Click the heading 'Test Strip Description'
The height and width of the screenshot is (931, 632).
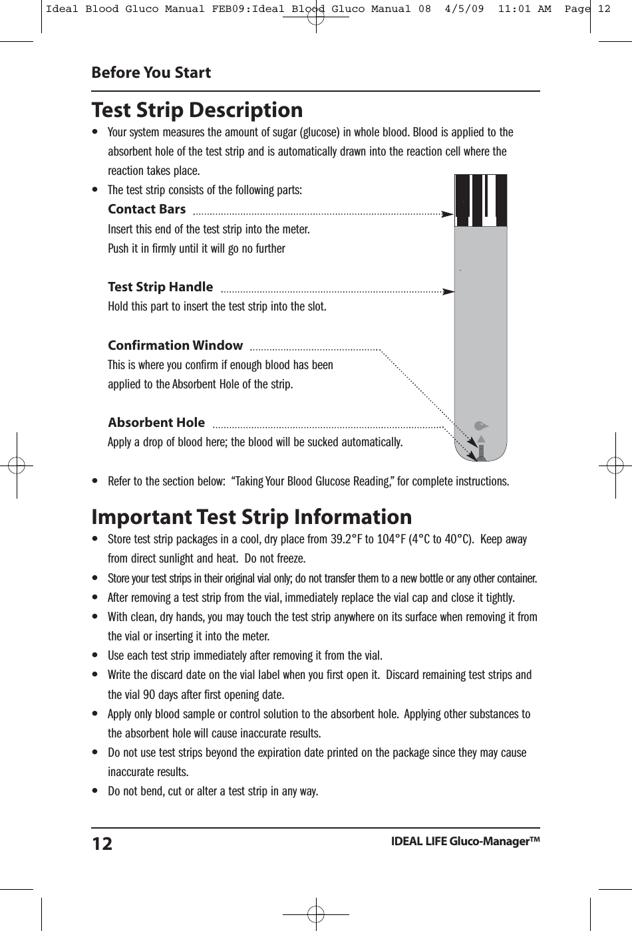pos(197,110)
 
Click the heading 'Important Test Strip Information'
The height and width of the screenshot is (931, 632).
pos(251,517)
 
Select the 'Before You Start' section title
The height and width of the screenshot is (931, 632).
pos(151,72)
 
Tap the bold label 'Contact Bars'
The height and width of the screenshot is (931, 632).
pos(147,209)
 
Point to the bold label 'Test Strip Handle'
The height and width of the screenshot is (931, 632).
pos(160,287)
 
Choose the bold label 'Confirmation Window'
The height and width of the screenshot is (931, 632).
pos(175,345)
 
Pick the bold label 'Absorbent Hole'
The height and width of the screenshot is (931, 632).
pos(156,423)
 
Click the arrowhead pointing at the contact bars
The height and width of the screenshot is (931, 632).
pos(448,214)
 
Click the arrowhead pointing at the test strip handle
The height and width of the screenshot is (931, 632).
pos(448,291)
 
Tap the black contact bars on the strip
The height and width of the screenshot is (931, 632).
pos(480,199)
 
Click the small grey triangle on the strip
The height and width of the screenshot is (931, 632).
pos(481,439)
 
